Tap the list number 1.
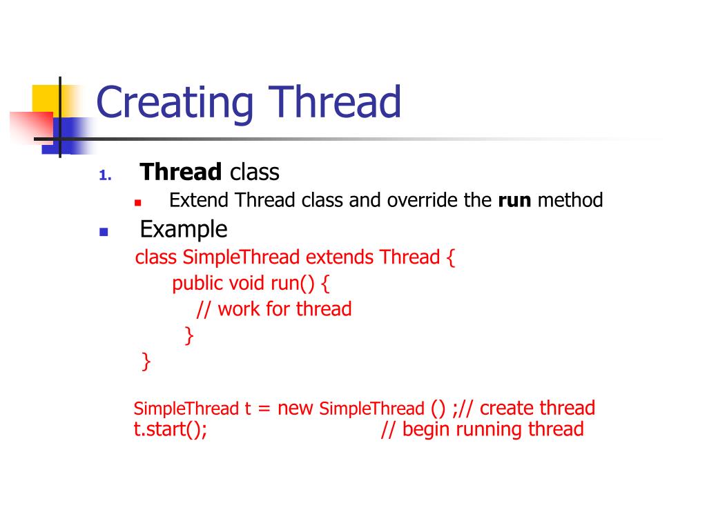[104, 175]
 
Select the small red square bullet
[137, 203]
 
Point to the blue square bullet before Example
[104, 232]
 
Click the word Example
[184, 228]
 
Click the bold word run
[514, 201]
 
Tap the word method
[570, 201]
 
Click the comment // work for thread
[274, 309]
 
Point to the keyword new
[296, 408]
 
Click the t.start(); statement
[171, 429]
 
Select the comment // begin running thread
[482, 429]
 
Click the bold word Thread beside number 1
[181, 173]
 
